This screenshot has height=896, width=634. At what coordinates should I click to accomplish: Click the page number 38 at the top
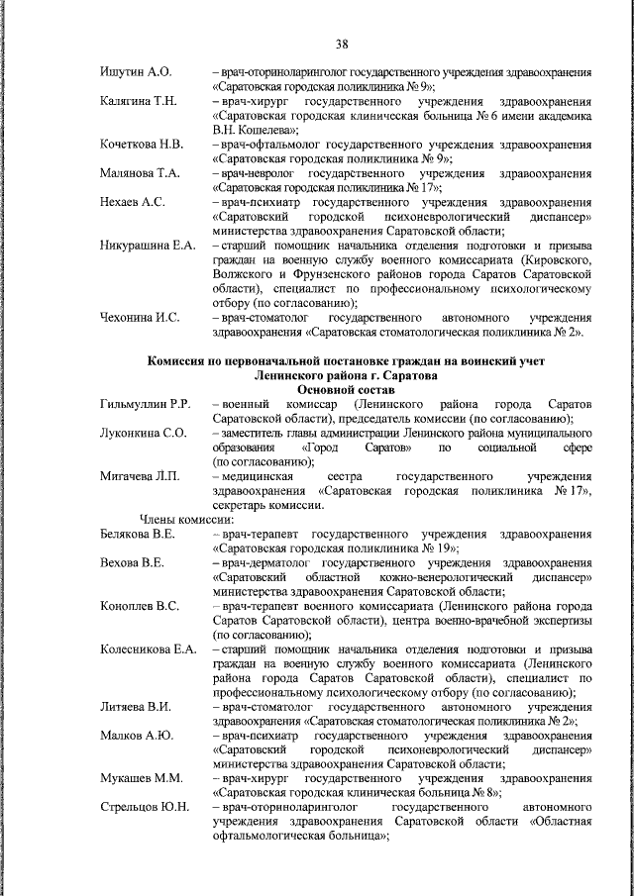(343, 45)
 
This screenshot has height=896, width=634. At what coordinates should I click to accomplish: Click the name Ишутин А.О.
(137, 73)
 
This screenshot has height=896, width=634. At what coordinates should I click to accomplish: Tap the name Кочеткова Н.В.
(142, 145)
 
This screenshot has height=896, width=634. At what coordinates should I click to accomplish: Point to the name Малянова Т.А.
(141, 173)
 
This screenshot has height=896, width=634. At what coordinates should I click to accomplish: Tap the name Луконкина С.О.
(144, 433)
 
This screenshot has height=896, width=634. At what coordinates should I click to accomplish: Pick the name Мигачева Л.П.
(140, 476)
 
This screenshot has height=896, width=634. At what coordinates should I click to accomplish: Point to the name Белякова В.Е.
(139, 534)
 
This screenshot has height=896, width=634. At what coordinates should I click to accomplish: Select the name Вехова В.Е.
(132, 562)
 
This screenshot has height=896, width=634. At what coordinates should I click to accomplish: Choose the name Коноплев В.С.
(140, 606)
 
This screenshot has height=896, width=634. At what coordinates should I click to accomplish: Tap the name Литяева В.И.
(136, 707)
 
